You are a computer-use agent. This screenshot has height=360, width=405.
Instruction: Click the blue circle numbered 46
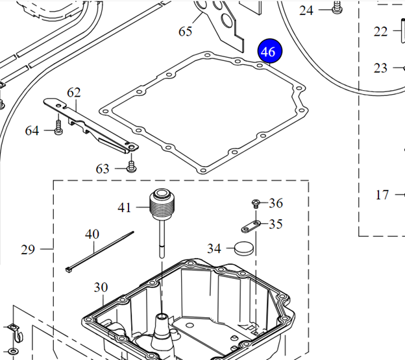(268, 52)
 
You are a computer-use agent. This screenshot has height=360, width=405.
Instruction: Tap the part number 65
(186, 31)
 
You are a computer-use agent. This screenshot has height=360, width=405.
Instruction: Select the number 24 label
(306, 10)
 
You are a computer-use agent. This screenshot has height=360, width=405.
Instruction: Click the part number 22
(380, 30)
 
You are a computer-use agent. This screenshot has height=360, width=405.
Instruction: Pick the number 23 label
(380, 67)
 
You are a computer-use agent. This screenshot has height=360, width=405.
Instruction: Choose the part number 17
(382, 194)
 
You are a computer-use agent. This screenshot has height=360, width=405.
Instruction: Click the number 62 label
(73, 93)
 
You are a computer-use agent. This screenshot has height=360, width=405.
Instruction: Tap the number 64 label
(32, 131)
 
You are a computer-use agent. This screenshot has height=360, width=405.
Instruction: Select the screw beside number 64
(58, 127)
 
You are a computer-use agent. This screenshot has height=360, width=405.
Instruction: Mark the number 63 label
(103, 169)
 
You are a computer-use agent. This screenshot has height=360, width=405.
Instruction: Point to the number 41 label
(125, 208)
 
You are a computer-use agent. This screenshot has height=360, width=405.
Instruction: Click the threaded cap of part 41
(159, 205)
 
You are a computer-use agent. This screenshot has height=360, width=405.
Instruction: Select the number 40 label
(92, 234)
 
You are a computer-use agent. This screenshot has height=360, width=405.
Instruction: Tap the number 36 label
(276, 203)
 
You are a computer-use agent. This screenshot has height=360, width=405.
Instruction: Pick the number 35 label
(276, 224)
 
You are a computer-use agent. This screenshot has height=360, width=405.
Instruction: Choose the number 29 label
(28, 249)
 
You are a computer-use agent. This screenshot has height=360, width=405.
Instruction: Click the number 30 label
(101, 287)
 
